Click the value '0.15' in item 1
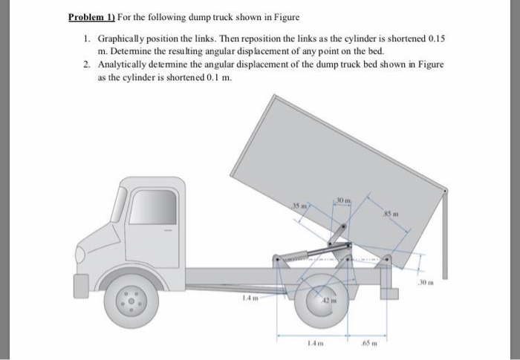pyautogui.click(x=441, y=37)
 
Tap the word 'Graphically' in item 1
pyautogui.click(x=123, y=37)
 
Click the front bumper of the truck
pyautogui.click(x=80, y=283)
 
